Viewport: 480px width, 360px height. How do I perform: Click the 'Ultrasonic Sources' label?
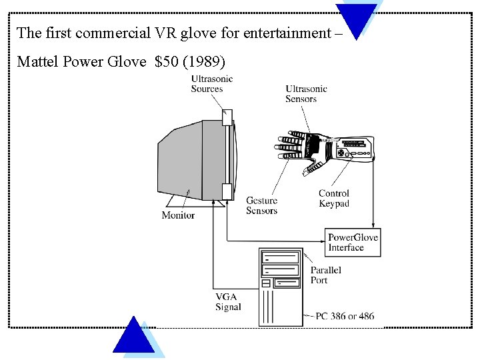point(211,84)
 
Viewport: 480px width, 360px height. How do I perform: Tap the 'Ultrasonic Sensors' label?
point(306,94)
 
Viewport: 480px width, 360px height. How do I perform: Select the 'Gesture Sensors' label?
point(261,205)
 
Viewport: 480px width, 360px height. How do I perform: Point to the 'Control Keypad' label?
point(333,199)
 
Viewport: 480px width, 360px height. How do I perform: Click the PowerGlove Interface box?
point(353,243)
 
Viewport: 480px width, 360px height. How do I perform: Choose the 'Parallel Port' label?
point(325,275)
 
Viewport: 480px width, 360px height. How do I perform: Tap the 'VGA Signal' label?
point(228,302)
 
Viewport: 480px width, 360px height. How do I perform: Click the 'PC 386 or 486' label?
point(345,315)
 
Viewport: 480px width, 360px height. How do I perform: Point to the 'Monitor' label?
point(178,215)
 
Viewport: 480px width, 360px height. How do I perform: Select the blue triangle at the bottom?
point(133,337)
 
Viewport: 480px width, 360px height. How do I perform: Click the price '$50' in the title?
point(167,62)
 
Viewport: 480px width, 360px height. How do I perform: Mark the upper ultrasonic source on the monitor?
point(227,117)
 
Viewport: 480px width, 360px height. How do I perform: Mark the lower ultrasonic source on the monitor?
point(227,191)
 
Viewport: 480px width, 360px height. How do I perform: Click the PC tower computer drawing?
point(281,287)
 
